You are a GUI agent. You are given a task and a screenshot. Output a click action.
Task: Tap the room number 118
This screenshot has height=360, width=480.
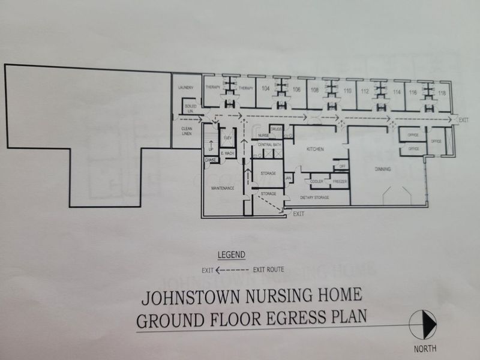[x=442, y=93]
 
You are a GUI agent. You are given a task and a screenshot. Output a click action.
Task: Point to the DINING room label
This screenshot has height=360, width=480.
[x=383, y=169]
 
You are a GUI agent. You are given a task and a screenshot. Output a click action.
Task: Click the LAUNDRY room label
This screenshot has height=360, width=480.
[x=185, y=88]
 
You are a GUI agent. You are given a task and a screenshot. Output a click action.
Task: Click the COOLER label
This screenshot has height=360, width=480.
[x=317, y=181]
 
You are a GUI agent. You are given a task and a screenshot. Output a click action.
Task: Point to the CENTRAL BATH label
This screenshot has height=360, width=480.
[x=269, y=145]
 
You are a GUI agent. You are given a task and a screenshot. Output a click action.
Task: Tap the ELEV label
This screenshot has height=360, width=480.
[x=228, y=138]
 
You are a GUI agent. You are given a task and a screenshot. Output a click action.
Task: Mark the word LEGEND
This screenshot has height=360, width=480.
[x=231, y=255]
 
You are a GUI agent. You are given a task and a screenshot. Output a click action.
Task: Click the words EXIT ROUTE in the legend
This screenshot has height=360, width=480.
[x=269, y=269]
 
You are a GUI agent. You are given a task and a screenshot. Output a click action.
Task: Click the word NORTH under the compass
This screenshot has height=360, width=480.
[x=425, y=348]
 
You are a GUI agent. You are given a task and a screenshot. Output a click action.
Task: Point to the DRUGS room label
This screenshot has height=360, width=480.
[x=277, y=129]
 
